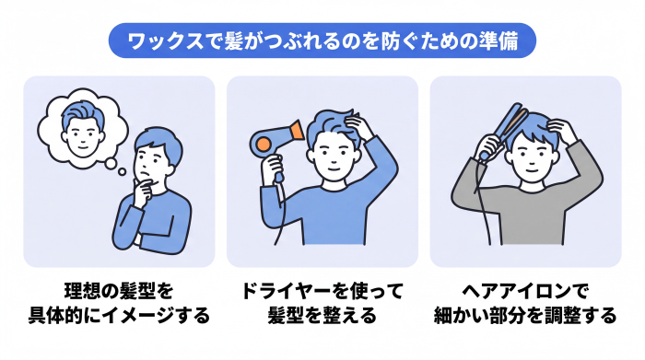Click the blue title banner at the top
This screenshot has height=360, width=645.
[x=322, y=41]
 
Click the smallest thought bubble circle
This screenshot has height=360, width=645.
[x=123, y=172]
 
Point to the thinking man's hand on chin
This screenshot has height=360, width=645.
[x=144, y=192]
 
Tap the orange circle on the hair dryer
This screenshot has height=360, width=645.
[x=263, y=144]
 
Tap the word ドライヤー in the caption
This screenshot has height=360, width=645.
[x=285, y=291]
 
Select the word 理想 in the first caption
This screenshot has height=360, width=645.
[x=83, y=291]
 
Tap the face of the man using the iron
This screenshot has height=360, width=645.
[x=531, y=159]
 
